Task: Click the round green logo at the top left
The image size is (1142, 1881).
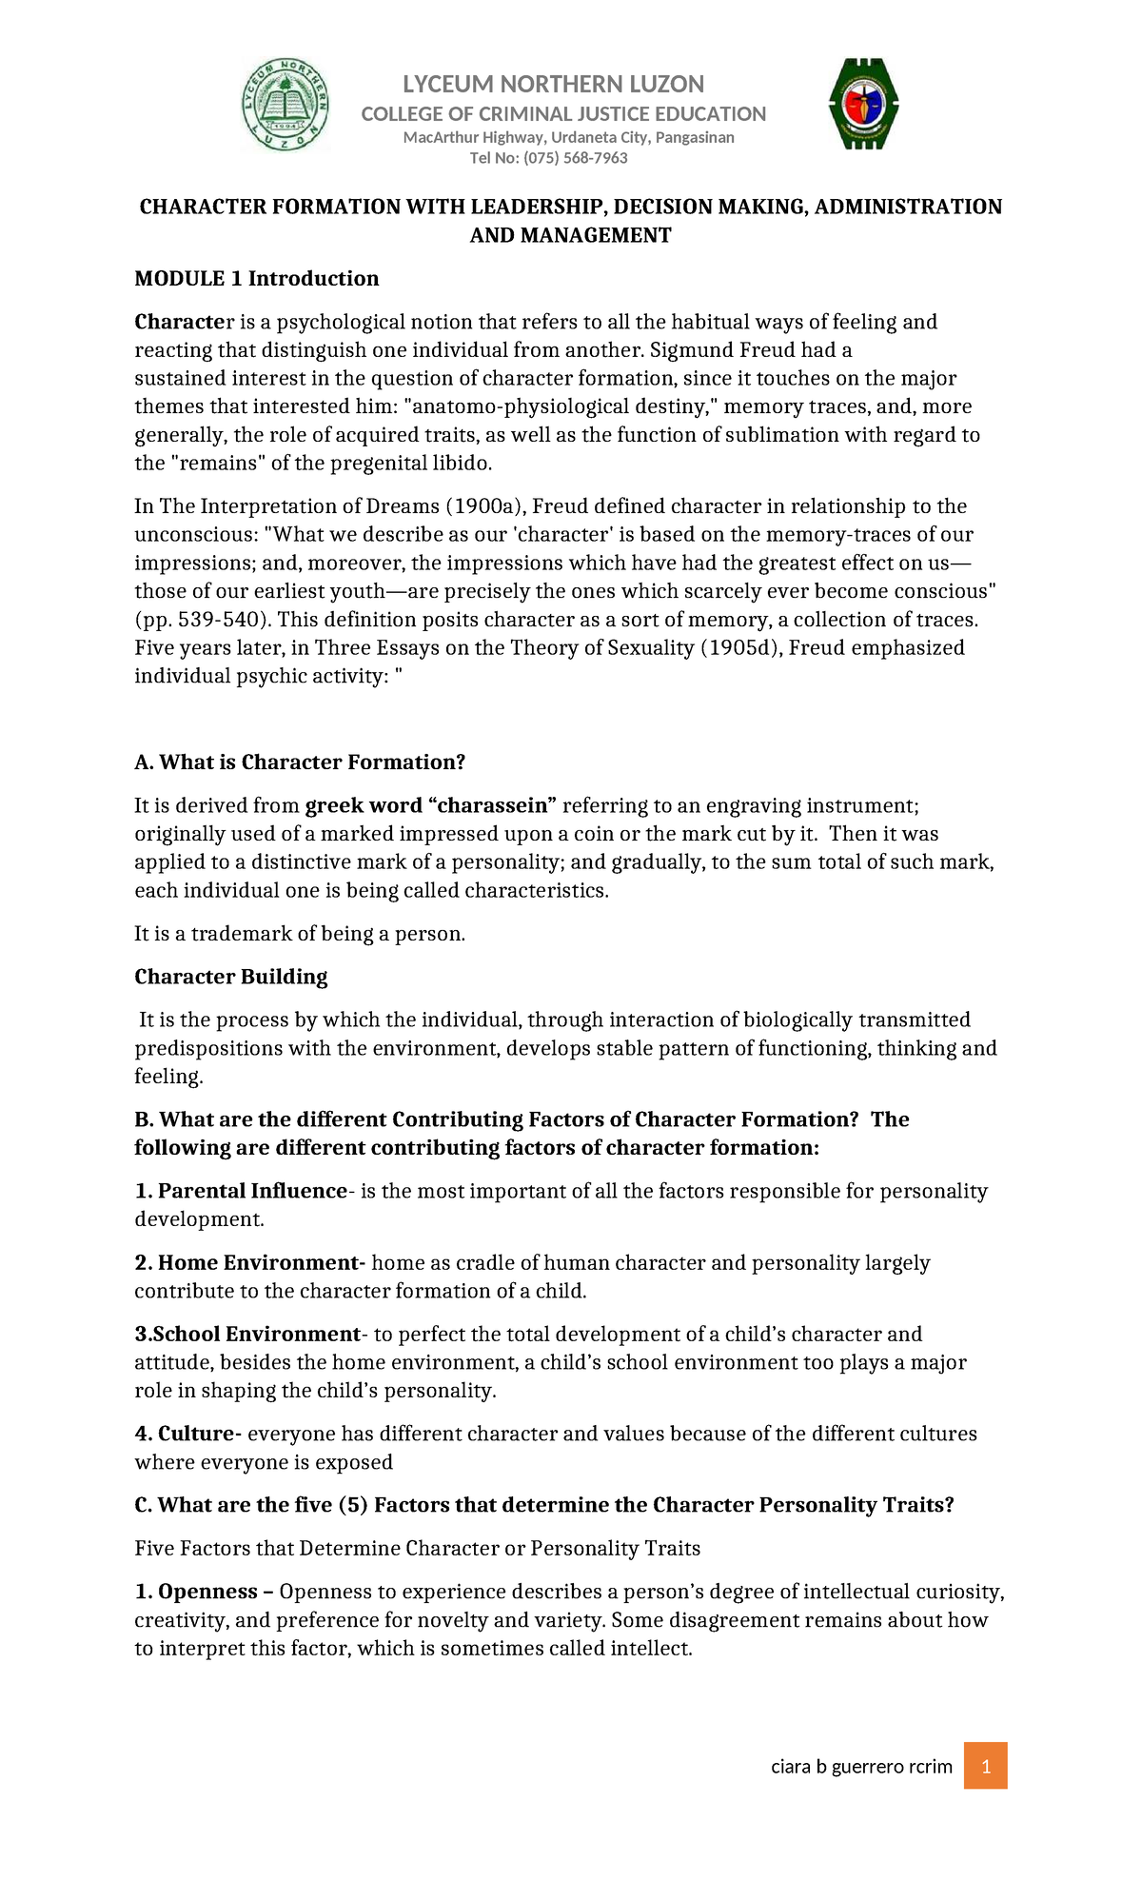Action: coord(285,105)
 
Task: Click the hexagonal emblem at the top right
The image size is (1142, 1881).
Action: coord(863,104)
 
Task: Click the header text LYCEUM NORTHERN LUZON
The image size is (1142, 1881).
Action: coord(553,85)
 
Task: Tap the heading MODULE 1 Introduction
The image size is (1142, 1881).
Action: coord(257,279)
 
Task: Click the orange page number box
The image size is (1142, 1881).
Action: coord(985,1766)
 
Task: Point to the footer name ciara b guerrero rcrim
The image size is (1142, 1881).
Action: coord(861,1767)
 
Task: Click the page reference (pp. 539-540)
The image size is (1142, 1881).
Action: coord(203,620)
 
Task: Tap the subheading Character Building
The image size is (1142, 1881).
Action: coord(231,977)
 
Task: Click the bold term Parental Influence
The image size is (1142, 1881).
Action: coord(252,1192)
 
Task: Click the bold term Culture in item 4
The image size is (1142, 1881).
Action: coord(199,1434)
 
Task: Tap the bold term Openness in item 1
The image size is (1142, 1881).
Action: coord(207,1592)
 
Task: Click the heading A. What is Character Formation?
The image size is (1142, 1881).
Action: coord(300,762)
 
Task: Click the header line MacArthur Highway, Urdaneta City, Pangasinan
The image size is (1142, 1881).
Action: coord(568,138)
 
